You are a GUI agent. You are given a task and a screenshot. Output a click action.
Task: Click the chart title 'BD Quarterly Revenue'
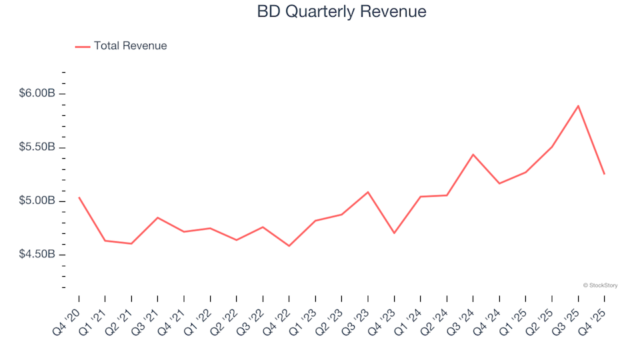click(x=341, y=12)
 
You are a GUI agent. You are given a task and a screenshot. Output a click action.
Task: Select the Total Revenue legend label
click(x=130, y=46)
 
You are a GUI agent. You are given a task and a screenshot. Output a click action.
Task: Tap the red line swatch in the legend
click(x=83, y=47)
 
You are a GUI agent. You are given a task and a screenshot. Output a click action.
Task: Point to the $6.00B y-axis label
click(x=37, y=93)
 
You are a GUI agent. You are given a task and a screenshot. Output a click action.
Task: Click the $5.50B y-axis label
click(x=37, y=147)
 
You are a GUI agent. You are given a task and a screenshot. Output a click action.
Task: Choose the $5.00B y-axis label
click(x=37, y=201)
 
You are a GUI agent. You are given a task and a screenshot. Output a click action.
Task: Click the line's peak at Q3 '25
click(x=578, y=105)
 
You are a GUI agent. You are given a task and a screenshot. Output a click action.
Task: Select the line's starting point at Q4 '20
click(x=79, y=197)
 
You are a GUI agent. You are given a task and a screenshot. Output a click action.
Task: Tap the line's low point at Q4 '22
click(x=289, y=246)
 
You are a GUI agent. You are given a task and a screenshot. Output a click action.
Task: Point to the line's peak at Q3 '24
click(x=473, y=155)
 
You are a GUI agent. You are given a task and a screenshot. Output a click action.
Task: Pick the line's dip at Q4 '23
click(x=394, y=233)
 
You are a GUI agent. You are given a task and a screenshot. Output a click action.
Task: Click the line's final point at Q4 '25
click(x=604, y=174)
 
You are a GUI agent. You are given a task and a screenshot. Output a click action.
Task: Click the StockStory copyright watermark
click(x=600, y=285)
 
